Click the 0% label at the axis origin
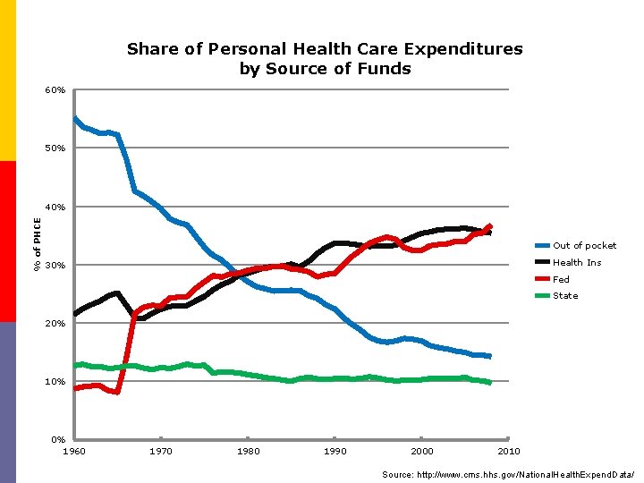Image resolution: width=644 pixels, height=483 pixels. tap(57, 439)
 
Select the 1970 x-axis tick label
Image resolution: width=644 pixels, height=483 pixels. tap(161, 451)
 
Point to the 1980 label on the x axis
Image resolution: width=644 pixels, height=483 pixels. tap(248, 451)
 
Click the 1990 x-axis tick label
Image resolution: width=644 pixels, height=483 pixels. tap(335, 451)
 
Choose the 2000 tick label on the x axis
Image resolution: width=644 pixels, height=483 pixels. tap(422, 451)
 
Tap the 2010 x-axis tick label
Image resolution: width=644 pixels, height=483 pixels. tap(509, 451)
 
